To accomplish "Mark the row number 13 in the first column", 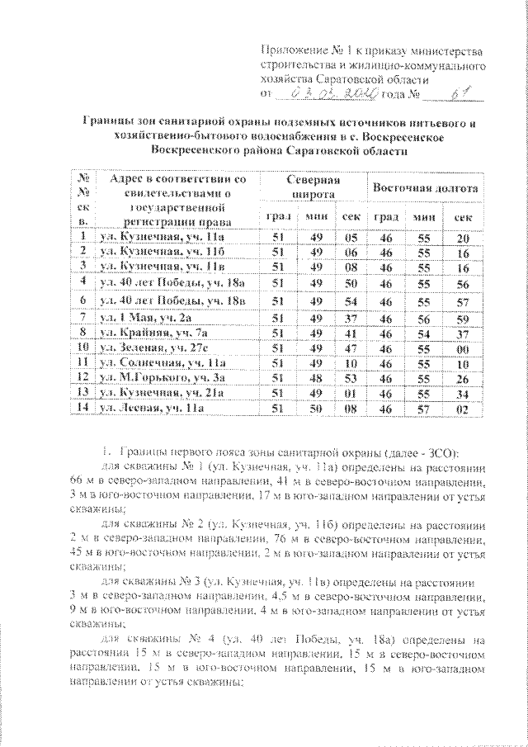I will point(82,393).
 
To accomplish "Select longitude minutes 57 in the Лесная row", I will point(422,408).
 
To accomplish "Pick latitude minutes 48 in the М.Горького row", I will point(313,377).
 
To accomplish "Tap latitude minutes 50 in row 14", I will point(313,408).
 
